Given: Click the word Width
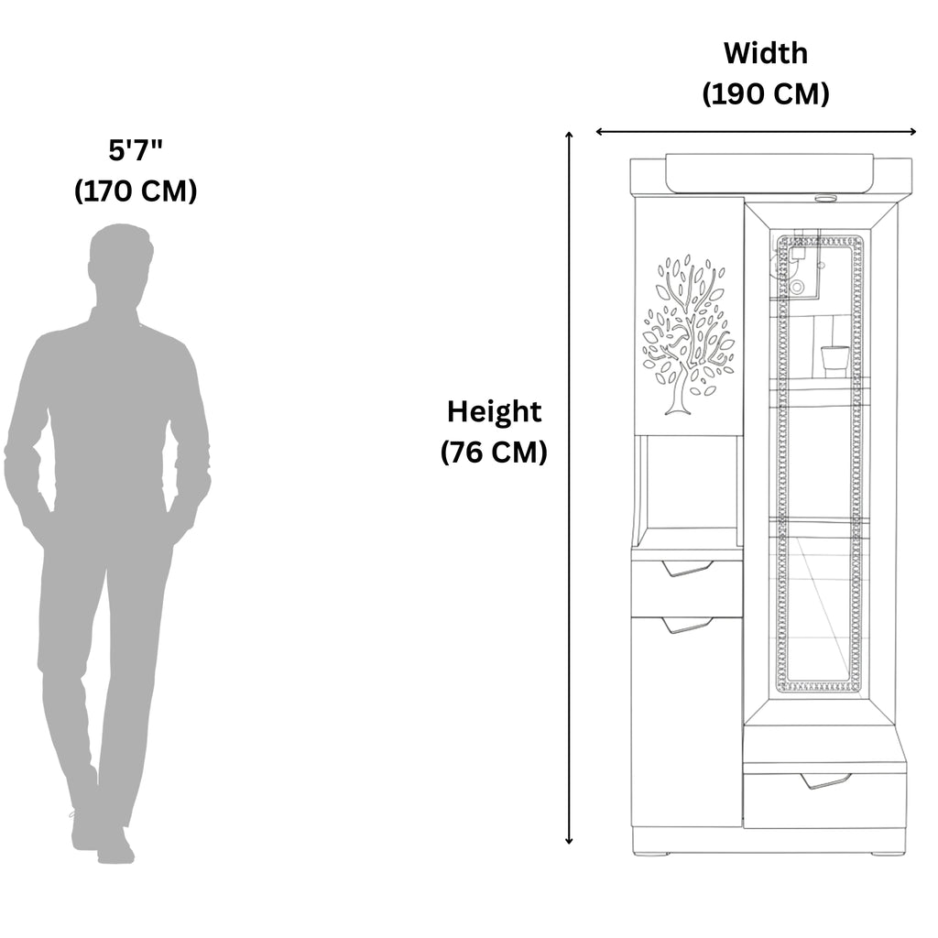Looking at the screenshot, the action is pyautogui.click(x=766, y=53).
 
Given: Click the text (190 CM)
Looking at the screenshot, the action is pyautogui.click(x=766, y=94).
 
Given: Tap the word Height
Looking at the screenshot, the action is pyautogui.click(x=494, y=412).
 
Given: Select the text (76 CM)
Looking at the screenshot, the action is pyautogui.click(x=494, y=453).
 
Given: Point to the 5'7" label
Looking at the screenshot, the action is pyautogui.click(x=136, y=149).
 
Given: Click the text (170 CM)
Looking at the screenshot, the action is pyautogui.click(x=136, y=191).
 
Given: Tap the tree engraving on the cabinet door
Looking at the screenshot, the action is pyautogui.click(x=688, y=335).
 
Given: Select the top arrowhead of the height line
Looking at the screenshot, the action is pyautogui.click(x=569, y=136).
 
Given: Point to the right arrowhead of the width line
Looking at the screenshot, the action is pyautogui.click(x=911, y=132).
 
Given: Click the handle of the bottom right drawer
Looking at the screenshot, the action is pyautogui.click(x=826, y=780).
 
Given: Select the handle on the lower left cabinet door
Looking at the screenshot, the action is pyautogui.click(x=688, y=625).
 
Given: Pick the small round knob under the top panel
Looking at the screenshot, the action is pyautogui.click(x=826, y=198).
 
